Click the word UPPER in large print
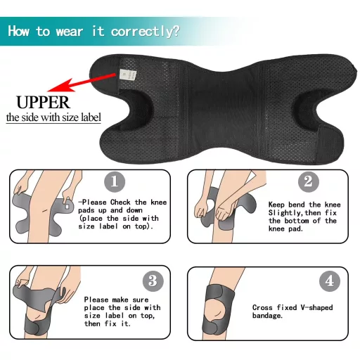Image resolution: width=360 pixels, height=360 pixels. pyautogui.click(x=44, y=103)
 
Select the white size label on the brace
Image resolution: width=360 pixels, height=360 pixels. pyautogui.click(x=128, y=75)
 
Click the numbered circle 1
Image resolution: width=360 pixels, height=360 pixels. pyautogui.click(x=115, y=181)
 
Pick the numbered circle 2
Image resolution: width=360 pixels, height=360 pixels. pyautogui.click(x=309, y=182)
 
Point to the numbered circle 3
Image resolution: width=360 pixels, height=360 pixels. pyautogui.click(x=153, y=281)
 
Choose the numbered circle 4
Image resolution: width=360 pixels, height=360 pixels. pyautogui.click(x=330, y=281)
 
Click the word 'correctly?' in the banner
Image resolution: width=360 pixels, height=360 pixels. pyautogui.click(x=146, y=32)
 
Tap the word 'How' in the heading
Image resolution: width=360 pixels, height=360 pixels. pyautogui.click(x=19, y=31)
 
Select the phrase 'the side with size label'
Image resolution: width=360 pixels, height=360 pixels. pyautogui.click(x=53, y=117)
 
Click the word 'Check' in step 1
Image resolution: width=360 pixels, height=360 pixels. pyautogui.click(x=120, y=202)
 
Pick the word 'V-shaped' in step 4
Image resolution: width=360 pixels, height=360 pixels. pyautogui.click(x=316, y=307)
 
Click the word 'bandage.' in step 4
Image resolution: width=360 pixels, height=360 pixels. pyautogui.click(x=267, y=316)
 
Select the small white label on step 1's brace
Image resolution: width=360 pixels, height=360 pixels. pyautogui.click(x=67, y=207)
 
